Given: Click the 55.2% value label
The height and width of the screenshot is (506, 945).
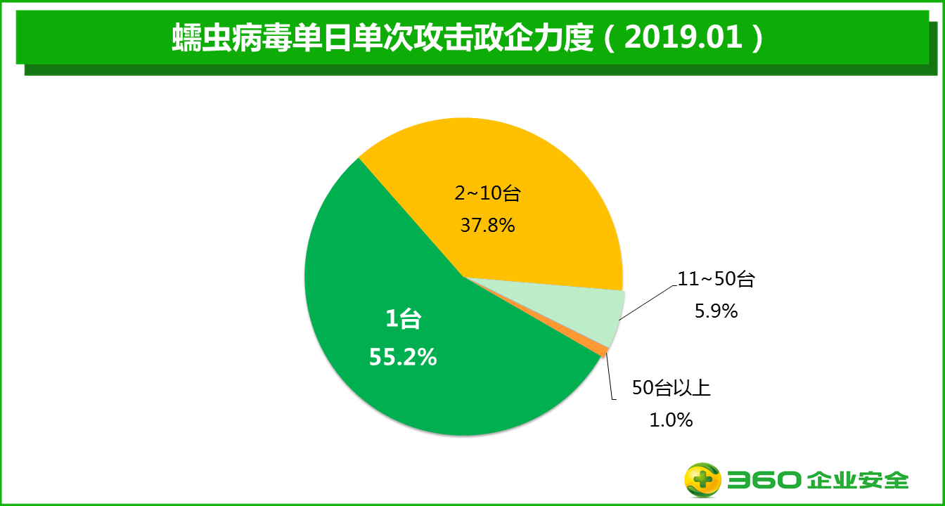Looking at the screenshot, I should click(x=403, y=358).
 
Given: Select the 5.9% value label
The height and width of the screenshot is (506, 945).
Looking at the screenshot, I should click(x=716, y=311).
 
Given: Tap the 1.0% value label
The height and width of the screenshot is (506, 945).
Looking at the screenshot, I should click(x=671, y=420).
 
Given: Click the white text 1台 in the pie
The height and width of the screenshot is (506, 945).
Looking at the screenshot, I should click(x=403, y=320).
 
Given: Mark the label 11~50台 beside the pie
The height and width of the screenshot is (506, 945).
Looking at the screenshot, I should click(x=716, y=279).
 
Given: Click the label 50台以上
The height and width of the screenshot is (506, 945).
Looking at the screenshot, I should click(x=671, y=388).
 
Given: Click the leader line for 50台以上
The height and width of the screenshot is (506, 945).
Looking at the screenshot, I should click(x=611, y=379).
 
